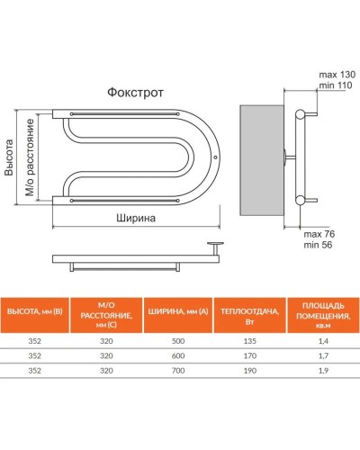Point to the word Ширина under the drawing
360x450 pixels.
point(137,218)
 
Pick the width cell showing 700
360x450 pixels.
point(176,370)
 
